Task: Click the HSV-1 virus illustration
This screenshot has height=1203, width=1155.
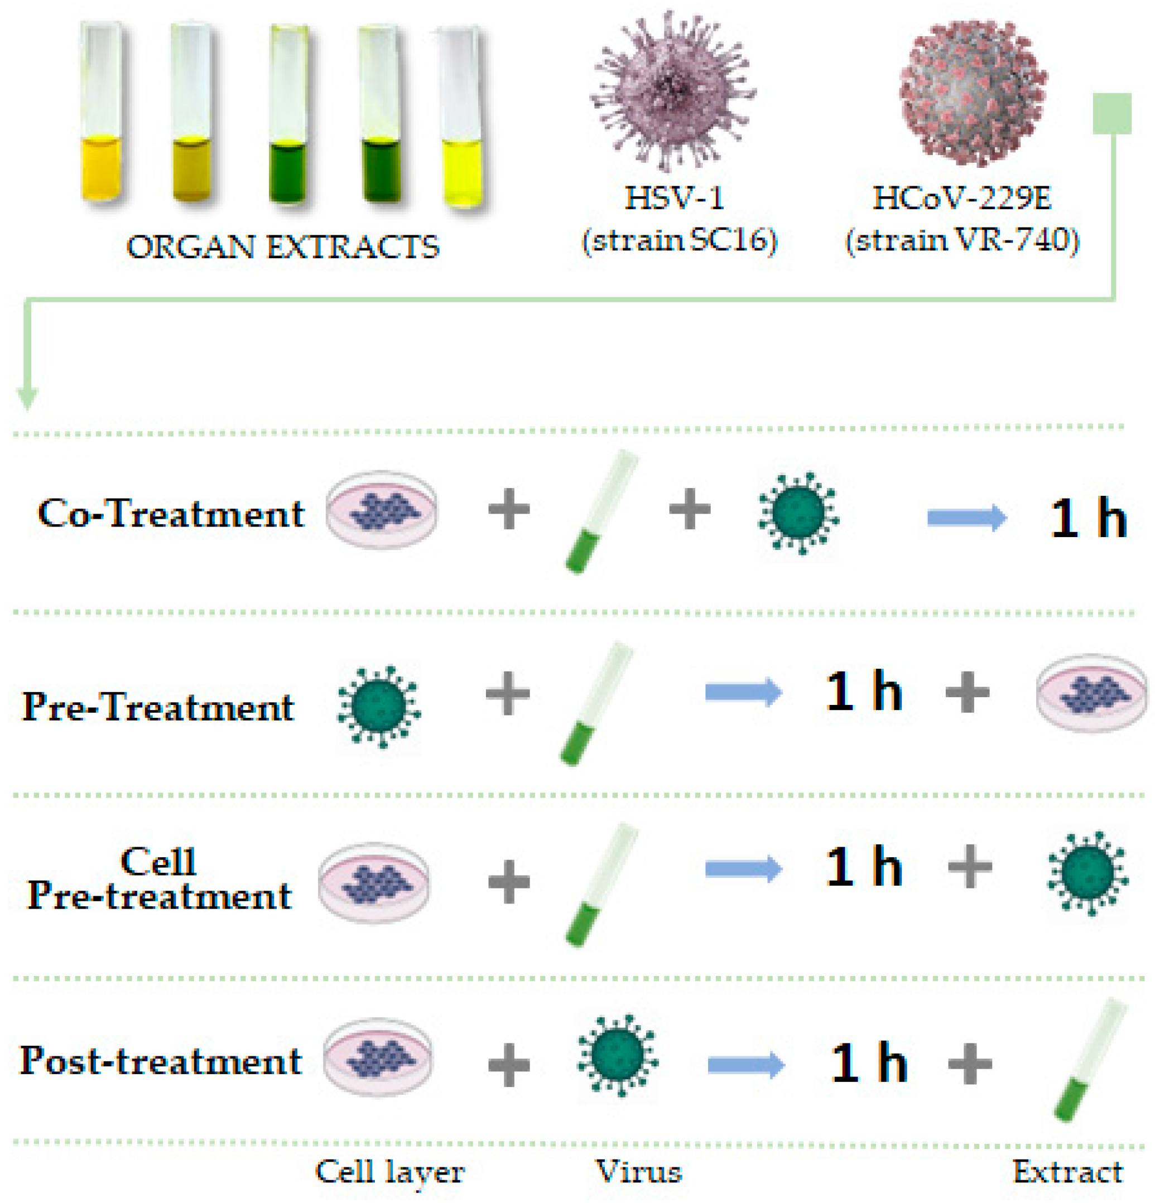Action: (673, 92)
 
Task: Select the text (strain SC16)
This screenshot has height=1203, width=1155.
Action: (679, 240)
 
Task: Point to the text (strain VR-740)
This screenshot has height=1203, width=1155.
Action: (962, 240)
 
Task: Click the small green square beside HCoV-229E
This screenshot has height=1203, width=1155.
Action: (1111, 114)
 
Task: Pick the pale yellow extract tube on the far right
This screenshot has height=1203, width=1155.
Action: (462, 117)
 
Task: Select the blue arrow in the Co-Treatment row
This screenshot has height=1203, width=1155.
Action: (966, 518)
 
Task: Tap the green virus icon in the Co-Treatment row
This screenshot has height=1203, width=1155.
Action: (798, 513)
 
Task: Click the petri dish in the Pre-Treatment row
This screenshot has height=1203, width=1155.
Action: (1091, 692)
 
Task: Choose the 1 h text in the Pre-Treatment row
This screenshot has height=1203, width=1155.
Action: (864, 691)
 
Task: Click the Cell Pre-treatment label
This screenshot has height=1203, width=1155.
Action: (158, 878)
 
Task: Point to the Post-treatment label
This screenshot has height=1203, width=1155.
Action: (161, 1060)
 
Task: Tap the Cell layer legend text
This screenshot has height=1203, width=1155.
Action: (389, 1171)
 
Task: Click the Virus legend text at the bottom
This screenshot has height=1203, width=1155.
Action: (638, 1171)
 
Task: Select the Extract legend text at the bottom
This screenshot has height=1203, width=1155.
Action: (1067, 1171)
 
